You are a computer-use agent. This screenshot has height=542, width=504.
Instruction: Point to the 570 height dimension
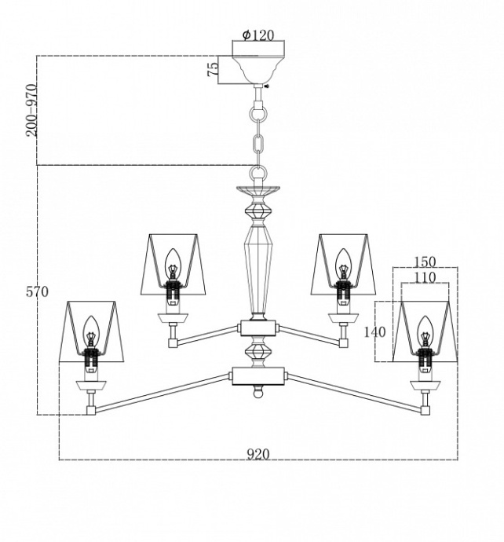(x=37, y=292)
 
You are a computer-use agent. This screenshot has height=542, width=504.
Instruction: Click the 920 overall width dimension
(x=258, y=454)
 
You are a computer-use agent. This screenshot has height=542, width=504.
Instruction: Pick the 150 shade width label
(x=425, y=262)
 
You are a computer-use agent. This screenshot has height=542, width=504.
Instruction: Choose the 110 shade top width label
(x=425, y=276)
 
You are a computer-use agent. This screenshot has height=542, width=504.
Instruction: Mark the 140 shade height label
(x=375, y=331)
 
